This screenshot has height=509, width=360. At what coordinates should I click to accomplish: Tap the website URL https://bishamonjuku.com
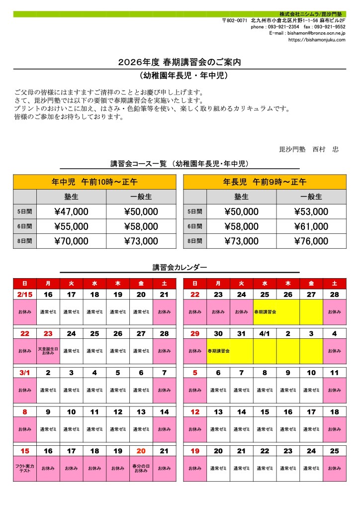pos(316,40)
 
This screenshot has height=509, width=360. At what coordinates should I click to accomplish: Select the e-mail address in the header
pos(307,33)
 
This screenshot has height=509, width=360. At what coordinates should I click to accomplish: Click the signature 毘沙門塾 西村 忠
pos(309,149)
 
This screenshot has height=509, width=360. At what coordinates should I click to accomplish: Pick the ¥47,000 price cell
pos(71,212)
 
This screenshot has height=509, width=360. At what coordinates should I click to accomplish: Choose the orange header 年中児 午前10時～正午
pos(94,182)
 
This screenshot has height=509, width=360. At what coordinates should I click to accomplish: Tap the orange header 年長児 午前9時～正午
pos(265,182)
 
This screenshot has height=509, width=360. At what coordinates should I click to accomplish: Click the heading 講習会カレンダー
pos(180,268)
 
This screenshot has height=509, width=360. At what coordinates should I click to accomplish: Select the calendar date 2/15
pos(25,295)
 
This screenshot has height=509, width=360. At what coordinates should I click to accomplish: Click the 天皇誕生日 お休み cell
pos(48,351)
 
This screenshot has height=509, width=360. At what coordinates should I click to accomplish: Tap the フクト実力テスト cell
pos(25,468)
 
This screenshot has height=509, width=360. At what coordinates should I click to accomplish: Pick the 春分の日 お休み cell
pos(141,468)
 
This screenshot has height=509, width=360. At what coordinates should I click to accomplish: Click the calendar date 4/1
pos(265,333)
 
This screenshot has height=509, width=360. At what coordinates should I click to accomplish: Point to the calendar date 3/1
pos(25,373)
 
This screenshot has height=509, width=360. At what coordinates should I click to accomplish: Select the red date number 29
pos(195,333)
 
